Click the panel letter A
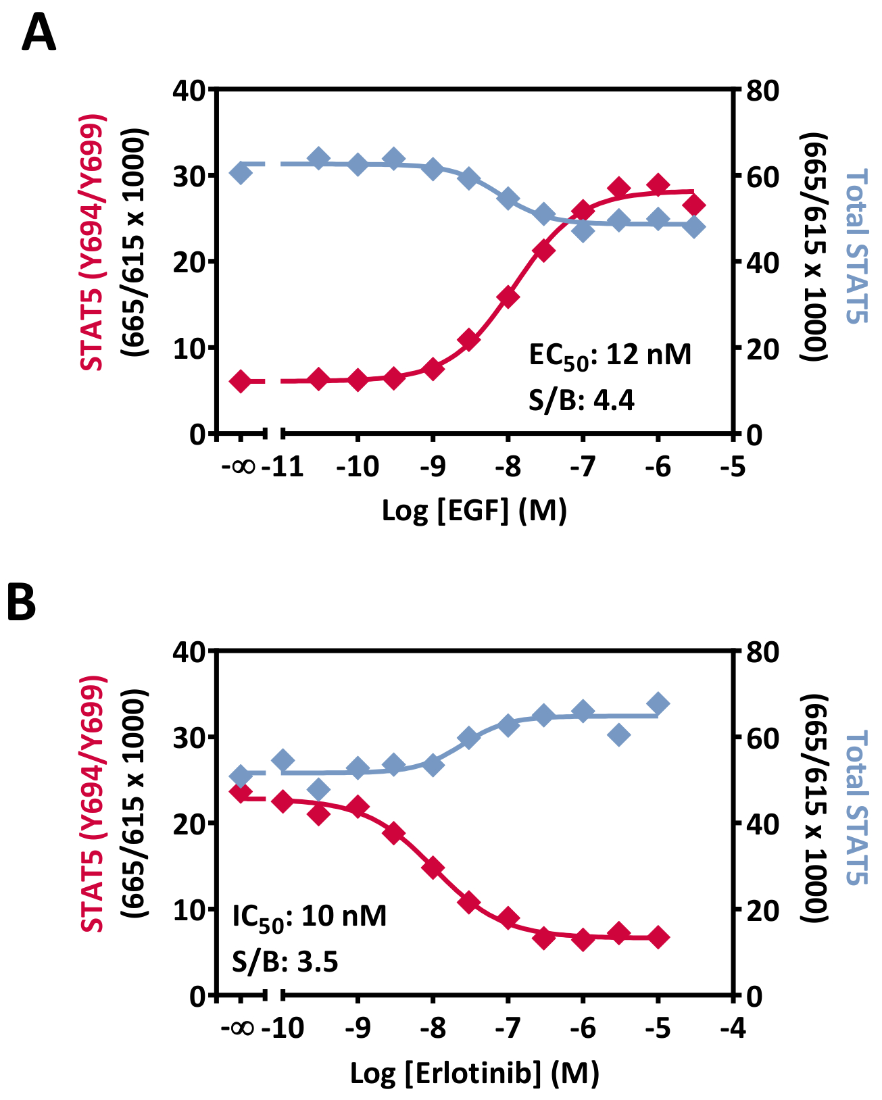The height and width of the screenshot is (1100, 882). click(39, 34)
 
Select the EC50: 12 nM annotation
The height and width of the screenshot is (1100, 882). click(610, 355)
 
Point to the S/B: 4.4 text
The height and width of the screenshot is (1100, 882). click(581, 401)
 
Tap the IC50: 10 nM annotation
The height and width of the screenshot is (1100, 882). click(309, 917)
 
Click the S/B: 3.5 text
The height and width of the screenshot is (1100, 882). click(285, 961)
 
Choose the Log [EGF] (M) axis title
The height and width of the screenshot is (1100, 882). click(474, 511)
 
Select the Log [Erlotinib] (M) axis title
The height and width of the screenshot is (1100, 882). click(474, 1072)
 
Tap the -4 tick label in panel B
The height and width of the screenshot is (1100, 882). click(733, 1028)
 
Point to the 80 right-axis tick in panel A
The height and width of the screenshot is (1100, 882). click(762, 90)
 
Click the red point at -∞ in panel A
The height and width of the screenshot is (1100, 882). click(241, 382)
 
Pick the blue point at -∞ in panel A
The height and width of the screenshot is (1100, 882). click(241, 173)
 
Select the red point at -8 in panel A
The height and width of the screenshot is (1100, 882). click(508, 297)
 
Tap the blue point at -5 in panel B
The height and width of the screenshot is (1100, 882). click(658, 704)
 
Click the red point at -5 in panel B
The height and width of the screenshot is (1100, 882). click(658, 937)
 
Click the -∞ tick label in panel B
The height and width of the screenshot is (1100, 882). click(238, 1028)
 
